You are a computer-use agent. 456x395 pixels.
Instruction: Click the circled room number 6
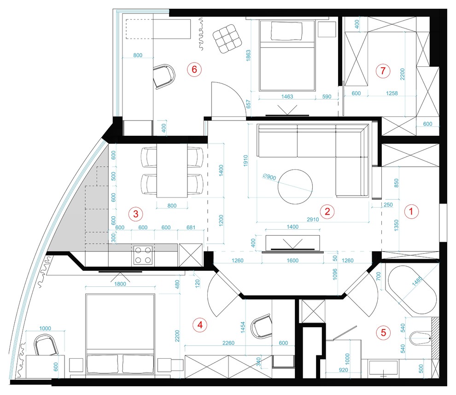(x=194, y=70)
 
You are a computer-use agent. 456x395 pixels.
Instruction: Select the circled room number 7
(x=383, y=70)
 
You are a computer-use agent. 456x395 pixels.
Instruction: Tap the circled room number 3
(x=136, y=214)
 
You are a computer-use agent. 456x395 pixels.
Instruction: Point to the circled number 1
(x=411, y=211)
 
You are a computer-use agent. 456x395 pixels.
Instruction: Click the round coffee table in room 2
(x=295, y=187)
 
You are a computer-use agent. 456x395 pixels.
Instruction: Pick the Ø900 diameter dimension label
(x=269, y=176)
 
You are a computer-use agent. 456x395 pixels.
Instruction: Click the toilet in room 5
(x=421, y=338)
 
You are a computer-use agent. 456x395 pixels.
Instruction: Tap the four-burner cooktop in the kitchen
(x=143, y=255)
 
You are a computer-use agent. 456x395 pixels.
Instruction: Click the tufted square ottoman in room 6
(x=228, y=39)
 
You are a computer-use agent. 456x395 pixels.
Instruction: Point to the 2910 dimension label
(x=313, y=220)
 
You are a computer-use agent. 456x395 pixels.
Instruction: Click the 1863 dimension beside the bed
(x=248, y=56)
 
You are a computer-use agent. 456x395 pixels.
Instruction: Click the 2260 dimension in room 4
(x=228, y=343)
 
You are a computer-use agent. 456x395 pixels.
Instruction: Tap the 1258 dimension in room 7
(x=392, y=93)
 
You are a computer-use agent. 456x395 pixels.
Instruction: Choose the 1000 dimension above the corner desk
(x=45, y=328)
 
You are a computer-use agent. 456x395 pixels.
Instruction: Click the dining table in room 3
(x=172, y=171)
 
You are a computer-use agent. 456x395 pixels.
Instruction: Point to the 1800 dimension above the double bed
(x=120, y=284)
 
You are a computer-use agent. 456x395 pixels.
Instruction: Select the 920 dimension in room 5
(x=343, y=370)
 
